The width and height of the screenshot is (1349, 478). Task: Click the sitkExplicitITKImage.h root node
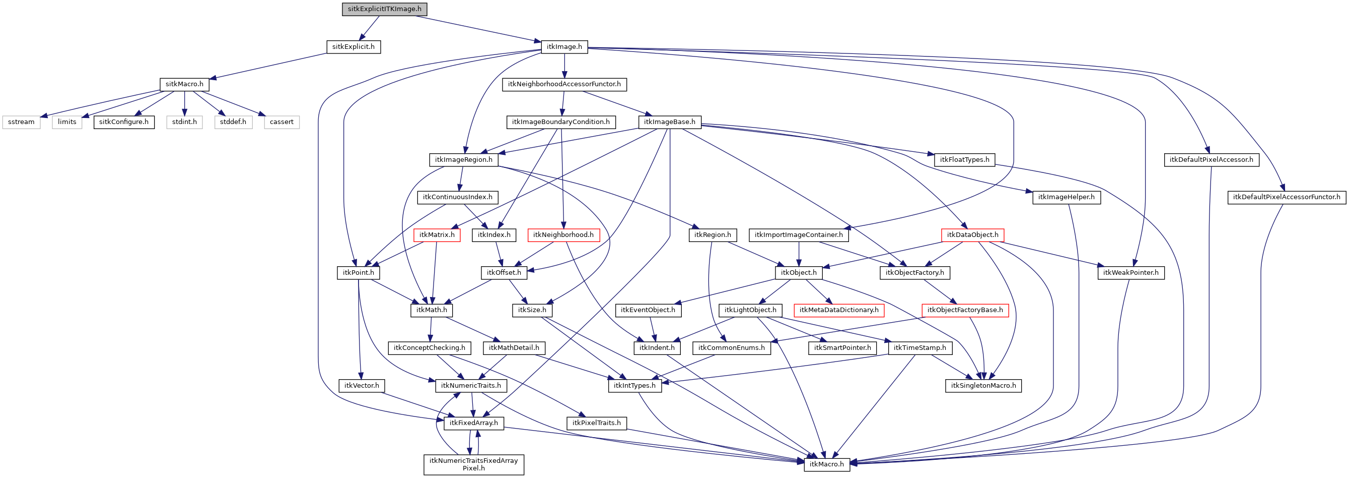[x=384, y=9]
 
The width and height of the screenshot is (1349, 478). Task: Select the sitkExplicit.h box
[x=353, y=47]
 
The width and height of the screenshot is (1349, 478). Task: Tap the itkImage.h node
[x=564, y=47]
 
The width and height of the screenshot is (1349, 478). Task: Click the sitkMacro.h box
[x=184, y=84]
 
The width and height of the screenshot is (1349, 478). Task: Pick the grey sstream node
[x=22, y=122]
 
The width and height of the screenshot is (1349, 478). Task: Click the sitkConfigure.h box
[x=123, y=122]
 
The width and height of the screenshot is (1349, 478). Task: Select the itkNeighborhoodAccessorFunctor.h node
[x=564, y=84]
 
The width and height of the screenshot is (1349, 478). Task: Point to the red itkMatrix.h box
[x=437, y=235]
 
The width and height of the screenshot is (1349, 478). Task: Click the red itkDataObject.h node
[x=972, y=235]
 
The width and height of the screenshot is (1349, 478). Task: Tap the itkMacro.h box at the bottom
[x=826, y=464]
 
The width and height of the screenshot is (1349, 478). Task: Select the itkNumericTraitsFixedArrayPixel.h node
[x=473, y=464]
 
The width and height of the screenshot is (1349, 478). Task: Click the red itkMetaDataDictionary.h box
[x=838, y=310]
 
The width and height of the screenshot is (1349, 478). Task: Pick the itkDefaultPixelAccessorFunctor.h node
[x=1286, y=197]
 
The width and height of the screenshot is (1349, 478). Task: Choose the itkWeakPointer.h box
[x=1130, y=273]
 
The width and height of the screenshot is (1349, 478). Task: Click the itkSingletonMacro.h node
[x=983, y=386]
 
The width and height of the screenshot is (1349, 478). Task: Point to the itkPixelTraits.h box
[x=596, y=423]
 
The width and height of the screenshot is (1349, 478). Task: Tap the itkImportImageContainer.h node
[x=798, y=235]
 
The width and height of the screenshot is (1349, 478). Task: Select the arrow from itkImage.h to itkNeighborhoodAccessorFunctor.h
[x=564, y=65]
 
